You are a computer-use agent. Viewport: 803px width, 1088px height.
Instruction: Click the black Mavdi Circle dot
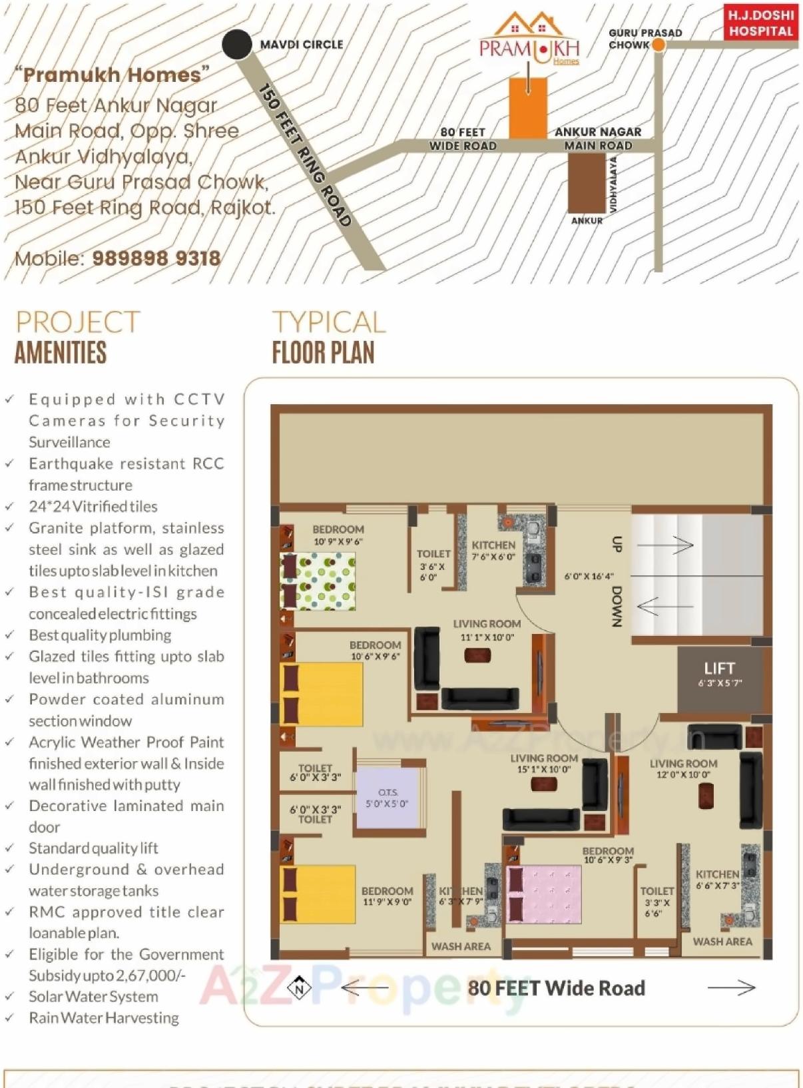236,45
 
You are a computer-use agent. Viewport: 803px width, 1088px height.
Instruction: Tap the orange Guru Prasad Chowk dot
658,45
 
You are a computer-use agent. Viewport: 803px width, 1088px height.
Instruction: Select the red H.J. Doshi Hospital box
760,23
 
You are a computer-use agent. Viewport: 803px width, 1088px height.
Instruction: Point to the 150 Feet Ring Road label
305,155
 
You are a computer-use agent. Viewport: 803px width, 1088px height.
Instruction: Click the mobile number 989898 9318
156,258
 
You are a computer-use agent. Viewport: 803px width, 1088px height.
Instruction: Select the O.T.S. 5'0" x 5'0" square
388,798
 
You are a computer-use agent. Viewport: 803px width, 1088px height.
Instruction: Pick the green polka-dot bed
318,580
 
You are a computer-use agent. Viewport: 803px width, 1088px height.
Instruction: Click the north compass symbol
299,988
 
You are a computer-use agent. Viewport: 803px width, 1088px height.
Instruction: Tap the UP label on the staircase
617,544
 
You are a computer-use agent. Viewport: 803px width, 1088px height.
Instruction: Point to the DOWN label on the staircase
617,606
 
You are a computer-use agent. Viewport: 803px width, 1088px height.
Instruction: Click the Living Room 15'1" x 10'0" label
544,763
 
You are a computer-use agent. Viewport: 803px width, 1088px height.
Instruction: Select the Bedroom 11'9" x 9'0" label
387,896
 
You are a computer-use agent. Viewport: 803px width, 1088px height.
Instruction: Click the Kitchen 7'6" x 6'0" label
493,551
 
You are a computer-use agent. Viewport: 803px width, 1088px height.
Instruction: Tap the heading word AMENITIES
61,353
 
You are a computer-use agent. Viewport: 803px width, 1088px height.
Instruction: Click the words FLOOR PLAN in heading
323,353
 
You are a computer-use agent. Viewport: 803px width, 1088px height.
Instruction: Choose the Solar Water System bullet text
93,997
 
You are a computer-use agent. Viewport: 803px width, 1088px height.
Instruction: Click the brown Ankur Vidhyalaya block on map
586,183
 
